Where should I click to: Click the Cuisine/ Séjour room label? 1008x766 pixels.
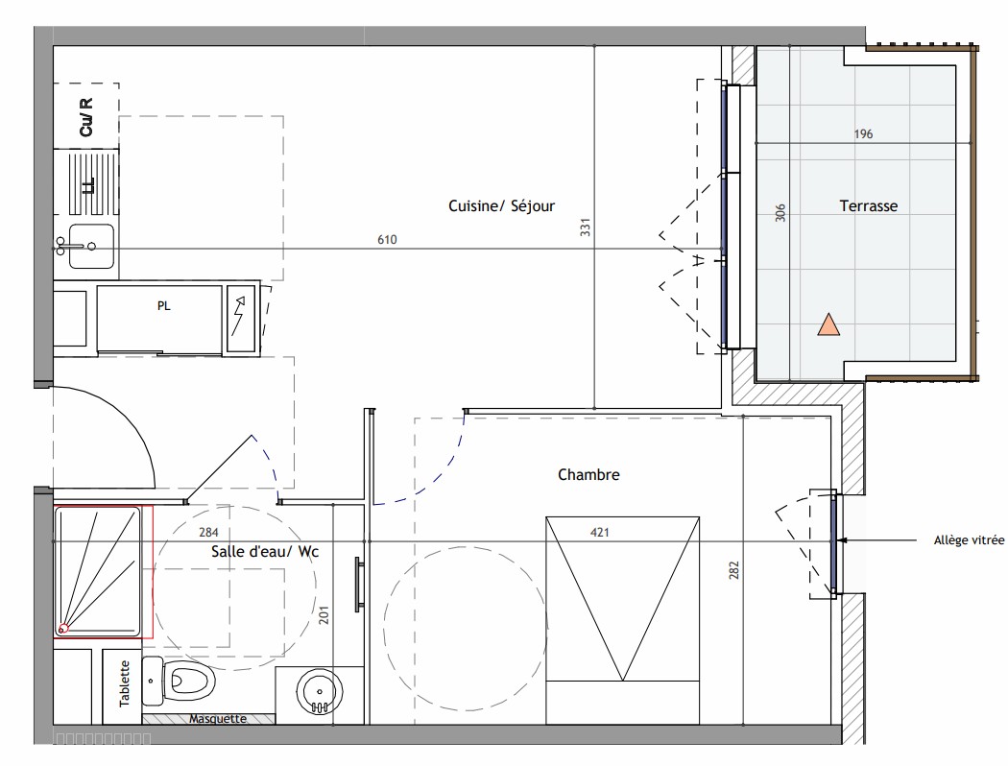501,206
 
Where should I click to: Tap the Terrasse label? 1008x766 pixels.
869,206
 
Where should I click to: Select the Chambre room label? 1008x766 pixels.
588,475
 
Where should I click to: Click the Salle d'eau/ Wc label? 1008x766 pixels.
265,551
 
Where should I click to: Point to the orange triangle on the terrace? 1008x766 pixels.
828,325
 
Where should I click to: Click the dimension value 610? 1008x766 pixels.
387,240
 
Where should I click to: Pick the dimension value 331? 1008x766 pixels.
585,227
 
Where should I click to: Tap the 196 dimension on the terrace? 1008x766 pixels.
863,133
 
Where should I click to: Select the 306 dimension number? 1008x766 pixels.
780,213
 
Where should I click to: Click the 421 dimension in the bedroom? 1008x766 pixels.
599,532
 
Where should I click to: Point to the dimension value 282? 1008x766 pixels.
734,570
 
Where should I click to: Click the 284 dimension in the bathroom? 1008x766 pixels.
208,532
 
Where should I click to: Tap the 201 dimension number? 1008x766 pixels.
324,615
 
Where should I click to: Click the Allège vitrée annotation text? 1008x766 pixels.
969,540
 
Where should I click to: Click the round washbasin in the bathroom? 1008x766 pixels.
320,691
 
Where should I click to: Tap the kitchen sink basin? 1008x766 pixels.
90,246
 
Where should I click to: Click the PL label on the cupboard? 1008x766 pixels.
164,306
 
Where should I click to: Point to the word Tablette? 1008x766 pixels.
125,683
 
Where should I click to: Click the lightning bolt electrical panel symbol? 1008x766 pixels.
240,318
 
